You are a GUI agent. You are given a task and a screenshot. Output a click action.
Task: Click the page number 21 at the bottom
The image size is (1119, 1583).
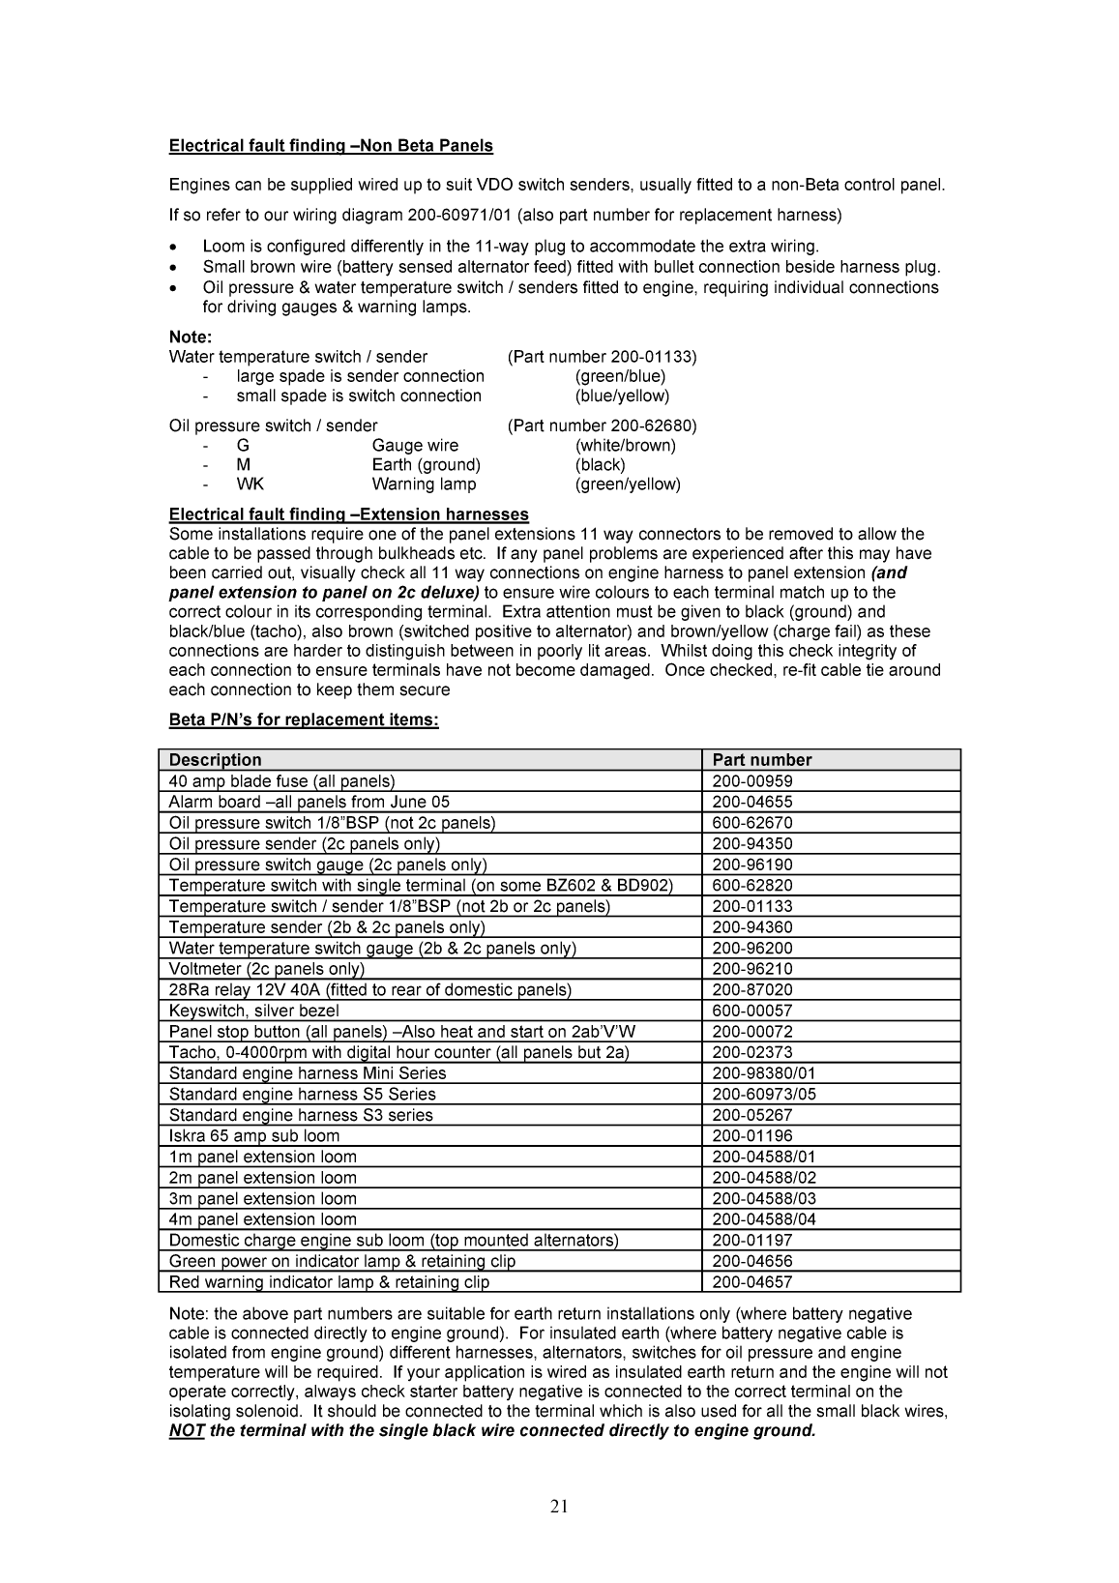(x=559, y=1506)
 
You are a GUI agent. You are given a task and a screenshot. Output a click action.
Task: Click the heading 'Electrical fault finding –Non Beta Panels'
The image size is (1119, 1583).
(x=331, y=146)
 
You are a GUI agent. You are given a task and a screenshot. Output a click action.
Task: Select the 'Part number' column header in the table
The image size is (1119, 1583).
(x=761, y=760)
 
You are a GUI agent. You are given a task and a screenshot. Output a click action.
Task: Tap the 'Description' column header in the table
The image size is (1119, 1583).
(x=215, y=760)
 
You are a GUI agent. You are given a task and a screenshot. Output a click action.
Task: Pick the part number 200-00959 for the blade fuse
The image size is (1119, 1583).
(x=751, y=781)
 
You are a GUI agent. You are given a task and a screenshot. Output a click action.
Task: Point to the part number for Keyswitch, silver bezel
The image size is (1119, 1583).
(x=751, y=1011)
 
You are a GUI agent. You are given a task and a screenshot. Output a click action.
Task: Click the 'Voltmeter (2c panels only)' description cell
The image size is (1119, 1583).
(x=266, y=969)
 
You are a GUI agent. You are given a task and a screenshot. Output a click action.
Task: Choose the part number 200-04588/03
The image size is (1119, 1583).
(x=763, y=1199)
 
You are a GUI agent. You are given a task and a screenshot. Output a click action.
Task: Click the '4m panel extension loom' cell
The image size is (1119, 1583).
(x=262, y=1219)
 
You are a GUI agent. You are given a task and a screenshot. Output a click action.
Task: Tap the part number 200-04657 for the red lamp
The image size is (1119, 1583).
(x=751, y=1282)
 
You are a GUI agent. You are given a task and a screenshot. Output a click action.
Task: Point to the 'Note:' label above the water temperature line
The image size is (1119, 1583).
(x=190, y=337)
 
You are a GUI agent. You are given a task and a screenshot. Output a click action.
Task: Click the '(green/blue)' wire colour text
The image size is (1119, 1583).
(x=620, y=376)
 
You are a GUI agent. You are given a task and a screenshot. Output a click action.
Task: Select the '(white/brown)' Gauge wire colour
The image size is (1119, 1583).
(x=625, y=446)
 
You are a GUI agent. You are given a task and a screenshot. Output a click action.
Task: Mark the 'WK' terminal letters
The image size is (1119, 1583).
(x=250, y=484)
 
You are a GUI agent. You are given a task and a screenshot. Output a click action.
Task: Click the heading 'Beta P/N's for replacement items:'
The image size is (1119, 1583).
(x=304, y=720)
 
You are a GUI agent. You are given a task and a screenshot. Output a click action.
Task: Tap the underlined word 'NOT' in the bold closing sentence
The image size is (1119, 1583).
(x=187, y=1430)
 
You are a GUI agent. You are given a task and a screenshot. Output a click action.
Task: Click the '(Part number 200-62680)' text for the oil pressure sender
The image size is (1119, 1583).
(x=602, y=425)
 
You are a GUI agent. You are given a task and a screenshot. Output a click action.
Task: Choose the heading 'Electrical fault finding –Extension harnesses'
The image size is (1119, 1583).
(x=348, y=514)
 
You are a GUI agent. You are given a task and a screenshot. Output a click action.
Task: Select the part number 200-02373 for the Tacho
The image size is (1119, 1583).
(x=751, y=1052)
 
